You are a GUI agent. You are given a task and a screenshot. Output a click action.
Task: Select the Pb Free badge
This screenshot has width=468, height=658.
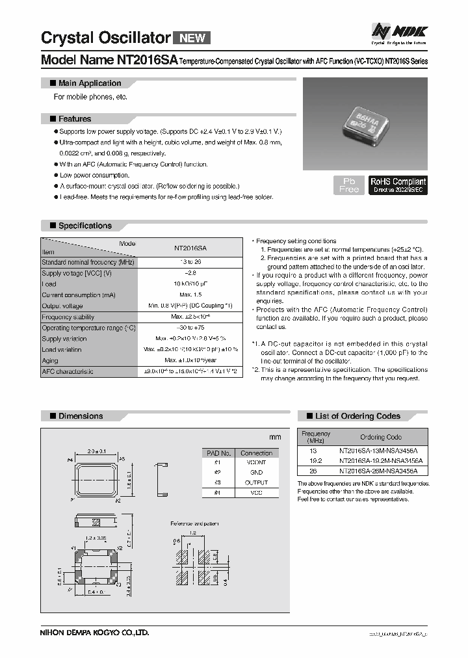coord(348,185)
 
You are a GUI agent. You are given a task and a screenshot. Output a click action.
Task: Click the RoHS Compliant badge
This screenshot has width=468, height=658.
coord(398,185)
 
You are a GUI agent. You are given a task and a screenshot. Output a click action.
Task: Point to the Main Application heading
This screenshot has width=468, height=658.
coord(90,83)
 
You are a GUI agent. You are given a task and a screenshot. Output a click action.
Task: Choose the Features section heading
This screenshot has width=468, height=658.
coord(75,119)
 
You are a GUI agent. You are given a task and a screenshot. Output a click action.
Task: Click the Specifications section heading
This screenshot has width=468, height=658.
coord(85,226)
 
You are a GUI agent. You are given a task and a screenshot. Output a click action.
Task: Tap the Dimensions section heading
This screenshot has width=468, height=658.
coord(81,416)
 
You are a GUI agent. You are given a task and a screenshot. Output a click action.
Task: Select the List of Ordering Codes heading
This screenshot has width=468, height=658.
coord(357,416)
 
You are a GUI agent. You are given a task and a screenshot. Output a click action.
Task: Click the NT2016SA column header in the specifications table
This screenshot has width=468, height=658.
coord(190,247)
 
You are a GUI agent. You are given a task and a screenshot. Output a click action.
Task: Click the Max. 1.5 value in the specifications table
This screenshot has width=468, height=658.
coord(190,295)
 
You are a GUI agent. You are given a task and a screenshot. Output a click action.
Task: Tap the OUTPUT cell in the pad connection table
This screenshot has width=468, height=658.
coord(256,482)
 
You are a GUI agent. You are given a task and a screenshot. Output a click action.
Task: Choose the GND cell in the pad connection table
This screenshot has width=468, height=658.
coord(256,473)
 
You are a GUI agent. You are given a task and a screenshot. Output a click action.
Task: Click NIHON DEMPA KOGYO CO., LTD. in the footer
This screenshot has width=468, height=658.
coord(95,631)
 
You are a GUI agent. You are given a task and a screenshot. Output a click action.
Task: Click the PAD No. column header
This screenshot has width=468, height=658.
coord(218,453)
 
